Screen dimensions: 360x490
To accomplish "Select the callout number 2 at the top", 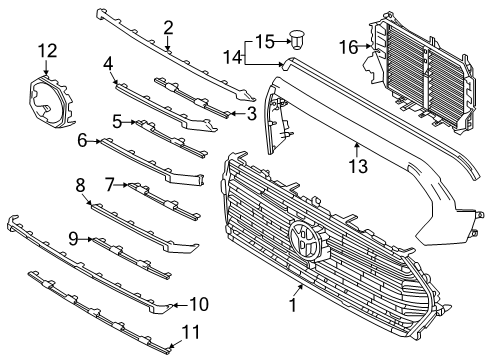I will point(168,27).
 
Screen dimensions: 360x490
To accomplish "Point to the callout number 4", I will point(108,63).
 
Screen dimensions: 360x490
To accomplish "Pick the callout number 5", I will point(117,121).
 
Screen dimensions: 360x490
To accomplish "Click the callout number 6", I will point(82,141).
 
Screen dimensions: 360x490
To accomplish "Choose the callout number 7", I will point(112,184).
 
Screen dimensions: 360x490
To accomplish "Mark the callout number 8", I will point(80,184).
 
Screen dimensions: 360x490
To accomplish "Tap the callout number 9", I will point(73,237).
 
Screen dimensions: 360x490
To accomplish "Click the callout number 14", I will point(232,58).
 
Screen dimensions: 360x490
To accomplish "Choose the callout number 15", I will point(264,41).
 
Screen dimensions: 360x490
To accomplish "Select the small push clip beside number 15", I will point(298,41).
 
